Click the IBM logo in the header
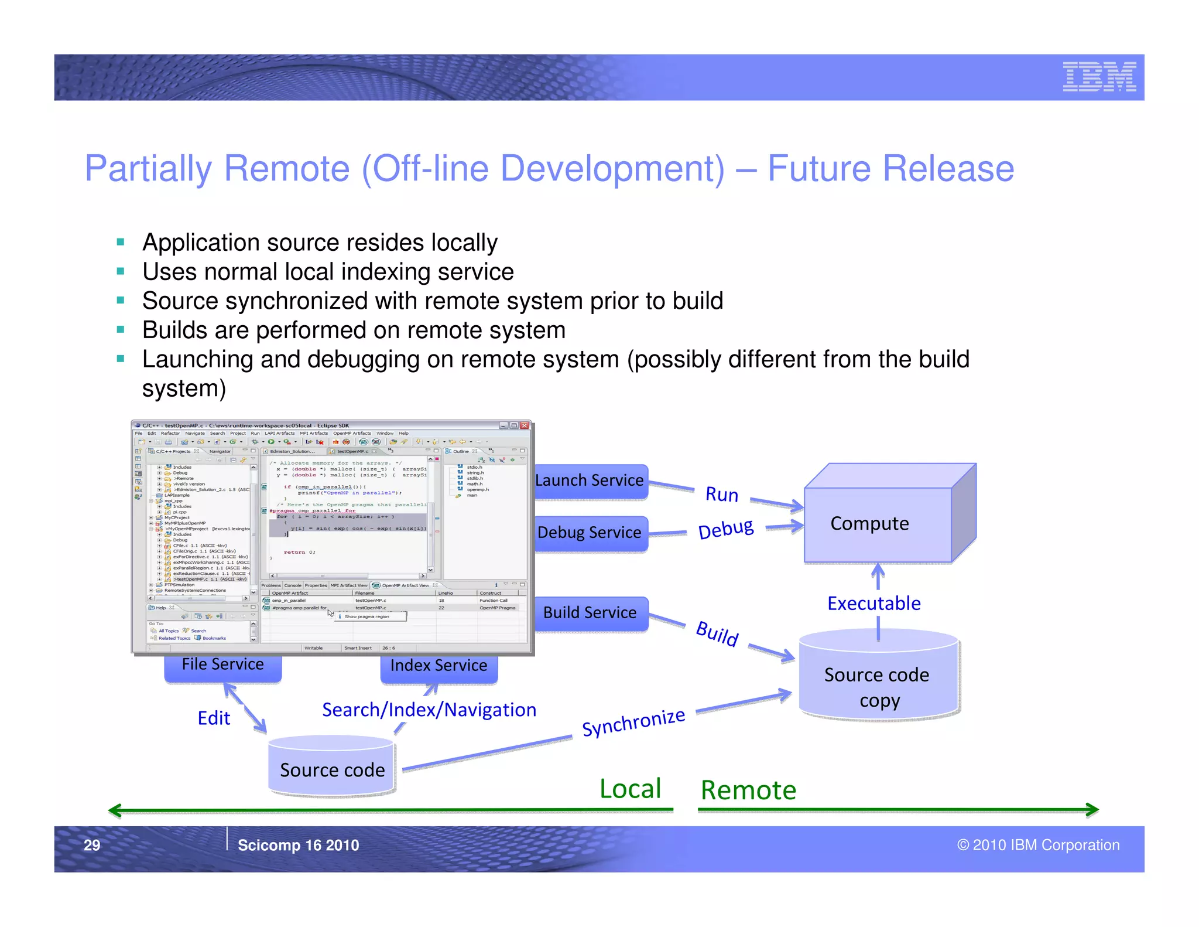1099,77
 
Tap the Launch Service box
590,481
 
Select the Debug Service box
590,533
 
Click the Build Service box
590,613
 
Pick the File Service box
222,665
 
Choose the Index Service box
439,666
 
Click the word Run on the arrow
721,495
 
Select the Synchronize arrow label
633,722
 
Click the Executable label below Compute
873,604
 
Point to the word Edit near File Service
214,718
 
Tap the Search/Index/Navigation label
429,710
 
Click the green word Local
630,789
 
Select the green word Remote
748,790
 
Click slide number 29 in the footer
92,845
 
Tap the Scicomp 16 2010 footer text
298,845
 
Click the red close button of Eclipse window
525,425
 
